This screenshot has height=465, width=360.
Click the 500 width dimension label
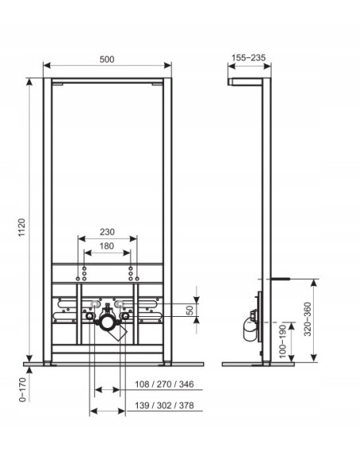point(107,59)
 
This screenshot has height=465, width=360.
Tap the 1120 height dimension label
point(22,228)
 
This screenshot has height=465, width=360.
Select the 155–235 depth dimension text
point(248,57)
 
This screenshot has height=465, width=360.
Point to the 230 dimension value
point(107,232)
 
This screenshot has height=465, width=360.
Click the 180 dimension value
point(107,246)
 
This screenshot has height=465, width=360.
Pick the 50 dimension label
point(190,310)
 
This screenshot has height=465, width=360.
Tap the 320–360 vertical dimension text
point(307,319)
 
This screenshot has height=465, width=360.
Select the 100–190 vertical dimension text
point(283,342)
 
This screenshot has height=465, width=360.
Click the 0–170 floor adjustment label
point(23,389)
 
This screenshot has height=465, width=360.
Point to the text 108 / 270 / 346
point(164,385)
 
